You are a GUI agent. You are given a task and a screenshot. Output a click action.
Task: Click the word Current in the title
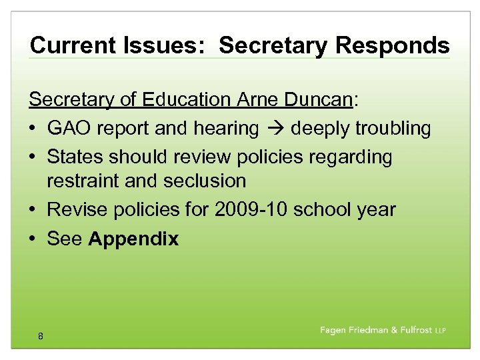click(73, 45)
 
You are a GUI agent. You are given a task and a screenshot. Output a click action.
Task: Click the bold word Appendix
click(133, 239)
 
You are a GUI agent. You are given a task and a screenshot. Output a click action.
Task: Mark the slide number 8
click(41, 337)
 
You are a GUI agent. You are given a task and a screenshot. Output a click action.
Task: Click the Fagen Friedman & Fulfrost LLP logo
click(383, 331)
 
